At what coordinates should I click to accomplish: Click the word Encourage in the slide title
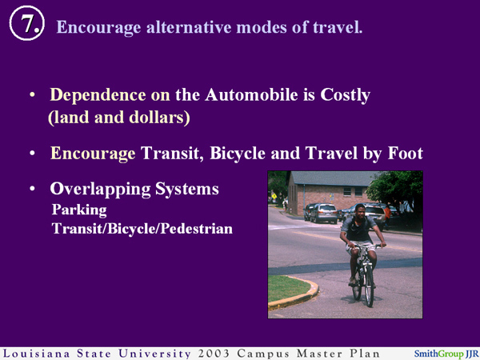(x=94, y=27)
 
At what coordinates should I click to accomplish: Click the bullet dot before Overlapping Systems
(x=32, y=190)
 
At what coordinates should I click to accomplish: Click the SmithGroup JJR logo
(x=445, y=353)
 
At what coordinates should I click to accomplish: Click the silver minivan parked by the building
(x=324, y=212)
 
